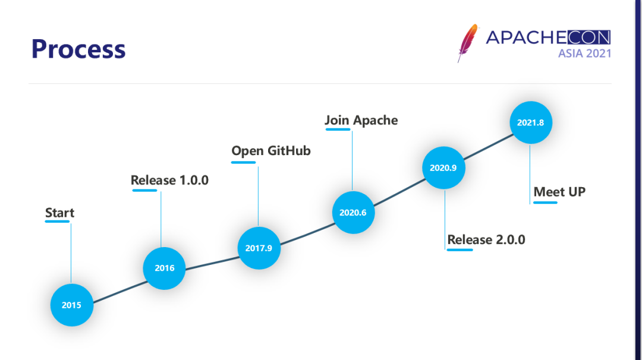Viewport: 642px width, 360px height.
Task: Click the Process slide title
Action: click(x=78, y=49)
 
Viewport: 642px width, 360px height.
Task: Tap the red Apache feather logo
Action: click(x=468, y=42)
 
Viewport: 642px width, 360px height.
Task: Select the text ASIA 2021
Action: click(x=584, y=53)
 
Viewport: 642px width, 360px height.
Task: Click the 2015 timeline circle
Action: click(x=71, y=305)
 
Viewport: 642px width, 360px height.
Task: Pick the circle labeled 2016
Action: click(x=165, y=268)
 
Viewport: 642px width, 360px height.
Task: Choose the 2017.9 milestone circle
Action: click(x=259, y=248)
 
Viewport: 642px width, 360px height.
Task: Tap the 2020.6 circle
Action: click(x=353, y=212)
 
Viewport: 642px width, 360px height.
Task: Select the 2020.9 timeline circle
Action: click(x=443, y=168)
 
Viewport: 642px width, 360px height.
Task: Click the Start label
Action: click(x=59, y=213)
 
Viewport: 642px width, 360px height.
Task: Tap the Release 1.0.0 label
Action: click(x=169, y=180)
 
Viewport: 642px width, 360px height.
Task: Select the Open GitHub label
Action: click(x=271, y=151)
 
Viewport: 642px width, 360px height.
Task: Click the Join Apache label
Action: click(x=361, y=120)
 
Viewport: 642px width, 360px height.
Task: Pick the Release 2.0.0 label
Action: click(x=486, y=240)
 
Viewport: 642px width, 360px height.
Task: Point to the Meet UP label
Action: click(x=559, y=192)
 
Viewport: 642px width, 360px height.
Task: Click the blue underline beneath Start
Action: click(x=57, y=222)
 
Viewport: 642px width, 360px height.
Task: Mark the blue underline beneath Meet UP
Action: click(x=545, y=203)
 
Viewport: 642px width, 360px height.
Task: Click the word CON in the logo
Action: click(x=588, y=37)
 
